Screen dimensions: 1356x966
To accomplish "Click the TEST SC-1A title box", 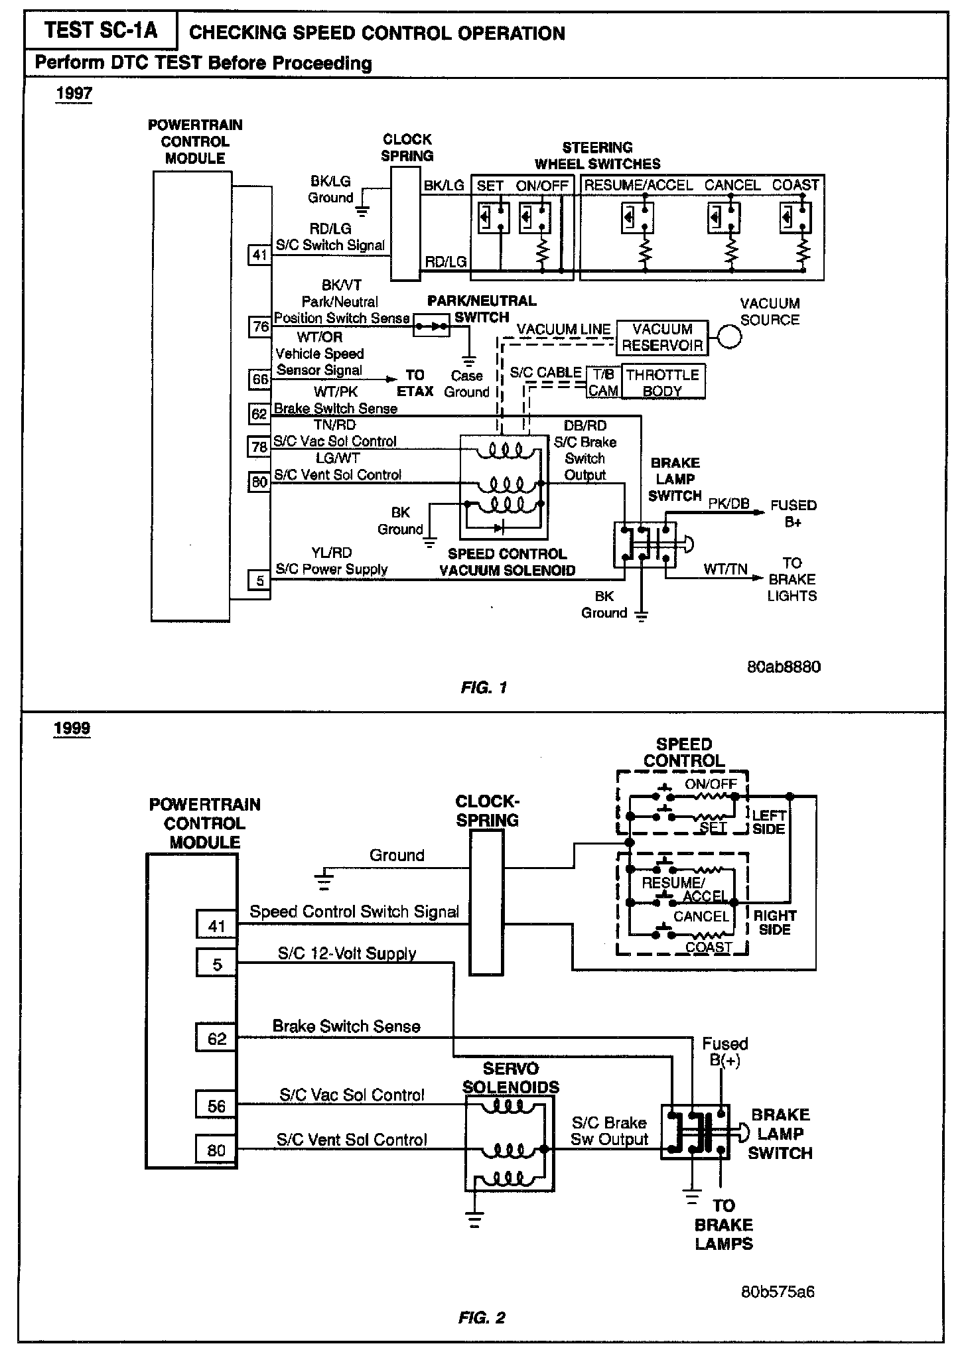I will (x=101, y=31).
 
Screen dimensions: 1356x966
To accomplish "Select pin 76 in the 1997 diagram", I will (x=259, y=327).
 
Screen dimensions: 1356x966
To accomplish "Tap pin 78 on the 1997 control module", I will (x=259, y=447).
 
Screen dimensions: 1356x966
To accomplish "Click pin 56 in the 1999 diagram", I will (x=216, y=1106).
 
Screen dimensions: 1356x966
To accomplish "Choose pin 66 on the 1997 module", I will (x=259, y=379).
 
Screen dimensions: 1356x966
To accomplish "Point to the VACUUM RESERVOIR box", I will (x=661, y=338).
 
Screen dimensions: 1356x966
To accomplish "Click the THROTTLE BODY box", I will (x=662, y=383).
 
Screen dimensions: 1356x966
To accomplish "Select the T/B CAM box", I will (x=603, y=383).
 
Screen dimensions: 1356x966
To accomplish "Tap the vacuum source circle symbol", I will (x=730, y=338).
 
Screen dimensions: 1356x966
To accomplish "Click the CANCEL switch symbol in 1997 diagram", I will (x=724, y=218).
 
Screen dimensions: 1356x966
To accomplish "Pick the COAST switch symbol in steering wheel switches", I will (x=795, y=218).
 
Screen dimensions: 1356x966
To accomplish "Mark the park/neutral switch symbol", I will (x=431, y=326).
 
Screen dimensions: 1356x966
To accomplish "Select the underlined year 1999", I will (x=72, y=728).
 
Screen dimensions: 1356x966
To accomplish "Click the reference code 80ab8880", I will (x=784, y=667).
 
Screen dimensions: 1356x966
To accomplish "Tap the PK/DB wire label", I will (x=728, y=504).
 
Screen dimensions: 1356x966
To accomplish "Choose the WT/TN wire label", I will (x=726, y=569).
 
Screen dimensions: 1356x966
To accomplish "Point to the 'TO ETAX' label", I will (x=415, y=383).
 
